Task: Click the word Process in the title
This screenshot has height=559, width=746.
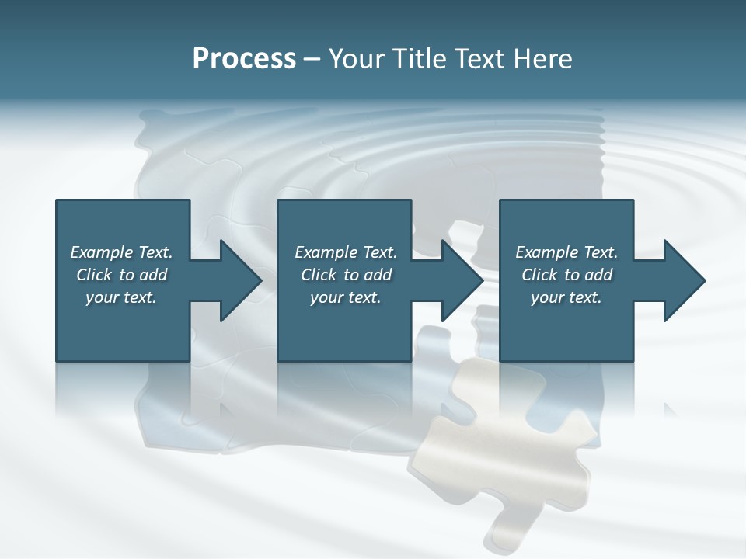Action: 244,59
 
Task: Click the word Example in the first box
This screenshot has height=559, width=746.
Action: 102,252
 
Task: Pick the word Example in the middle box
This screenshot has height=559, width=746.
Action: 326,252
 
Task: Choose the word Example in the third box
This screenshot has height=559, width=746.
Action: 547,252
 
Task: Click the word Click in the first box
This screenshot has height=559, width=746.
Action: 94,275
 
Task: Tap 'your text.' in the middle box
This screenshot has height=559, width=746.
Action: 345,297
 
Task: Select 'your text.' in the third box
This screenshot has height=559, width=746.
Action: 566,297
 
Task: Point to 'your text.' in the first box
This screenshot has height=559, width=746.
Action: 120,297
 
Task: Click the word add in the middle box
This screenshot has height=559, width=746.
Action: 378,275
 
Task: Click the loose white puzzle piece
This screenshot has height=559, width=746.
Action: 505,458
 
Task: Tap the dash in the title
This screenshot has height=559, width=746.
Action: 312,59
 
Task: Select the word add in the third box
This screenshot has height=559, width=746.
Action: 598,275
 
